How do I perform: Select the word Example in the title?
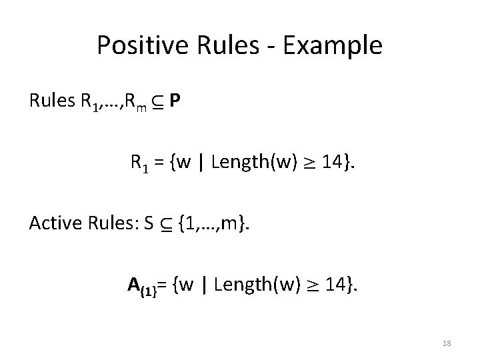[337, 45]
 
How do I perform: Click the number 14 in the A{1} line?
[335, 285]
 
